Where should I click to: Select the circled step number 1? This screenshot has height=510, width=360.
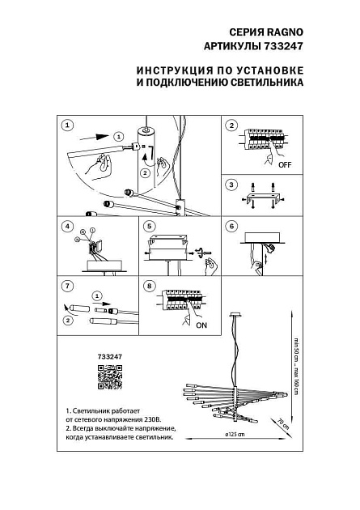[x=68, y=125]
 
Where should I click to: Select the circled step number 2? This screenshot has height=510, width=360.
[x=231, y=125]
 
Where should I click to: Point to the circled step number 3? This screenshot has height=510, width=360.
[x=231, y=185]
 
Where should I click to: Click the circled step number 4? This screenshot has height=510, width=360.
[x=68, y=226]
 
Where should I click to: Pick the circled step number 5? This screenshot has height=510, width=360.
[x=149, y=226]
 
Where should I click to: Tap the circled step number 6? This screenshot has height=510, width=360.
[x=231, y=226]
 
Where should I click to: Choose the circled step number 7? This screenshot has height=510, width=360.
[x=68, y=285]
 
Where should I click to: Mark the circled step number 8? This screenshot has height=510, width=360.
[x=149, y=285]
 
